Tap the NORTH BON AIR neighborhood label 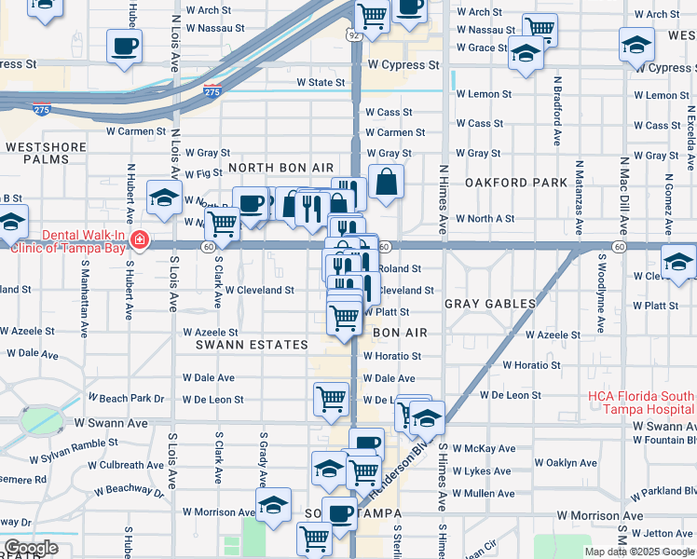pyautogui.click(x=280, y=168)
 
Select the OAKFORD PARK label pyautogui.click(x=516, y=183)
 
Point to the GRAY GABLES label pyautogui.click(x=490, y=304)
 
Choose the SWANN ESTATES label pyautogui.click(x=252, y=345)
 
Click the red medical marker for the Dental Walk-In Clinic pyautogui.click(x=139, y=240)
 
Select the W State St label pyautogui.click(x=321, y=83)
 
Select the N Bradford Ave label pyautogui.click(x=557, y=111)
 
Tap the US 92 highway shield pyautogui.click(x=353, y=34)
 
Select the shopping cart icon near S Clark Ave pyautogui.click(x=221, y=224)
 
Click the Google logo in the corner pyautogui.click(x=31, y=548)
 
